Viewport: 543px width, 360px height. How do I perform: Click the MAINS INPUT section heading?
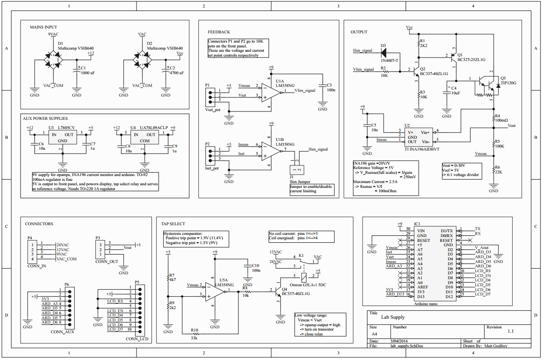click(x=43, y=27)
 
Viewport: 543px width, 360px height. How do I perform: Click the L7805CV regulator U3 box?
click(x=62, y=137)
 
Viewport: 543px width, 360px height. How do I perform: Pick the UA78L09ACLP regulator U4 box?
click(x=144, y=137)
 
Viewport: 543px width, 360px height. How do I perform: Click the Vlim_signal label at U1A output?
click(x=305, y=90)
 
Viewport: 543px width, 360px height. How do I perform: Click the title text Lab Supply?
click(x=393, y=317)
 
